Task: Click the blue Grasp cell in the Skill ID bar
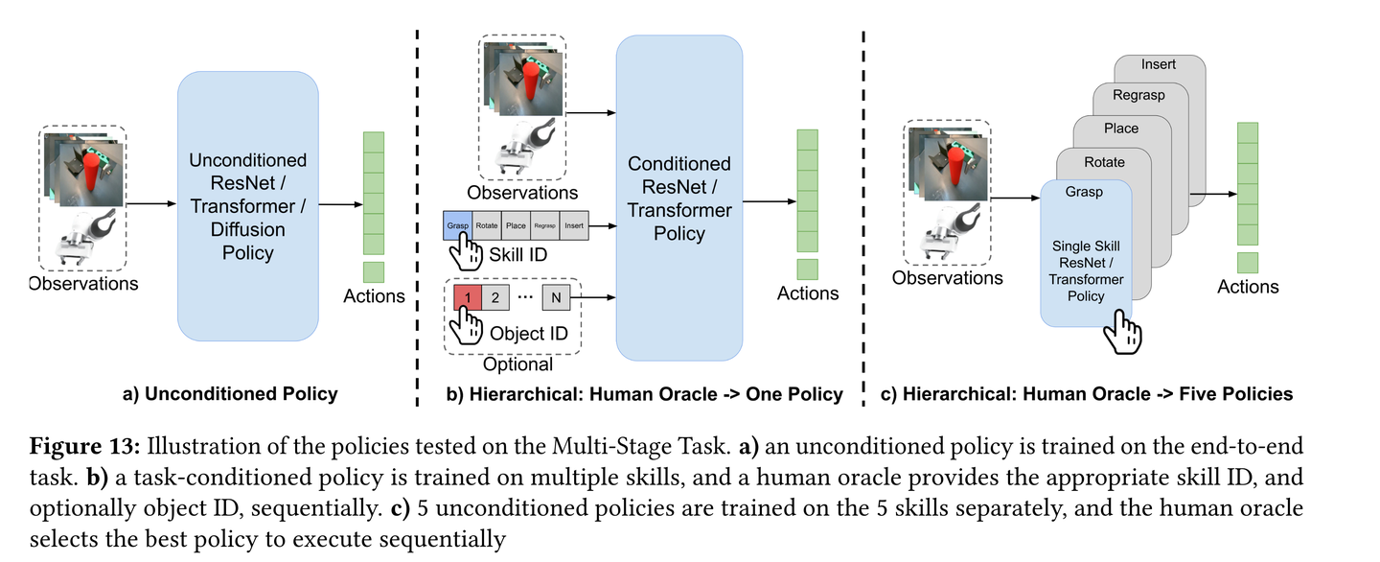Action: (457, 226)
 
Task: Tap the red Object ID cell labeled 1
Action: (468, 297)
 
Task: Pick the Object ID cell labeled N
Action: (556, 297)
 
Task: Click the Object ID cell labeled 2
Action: (495, 297)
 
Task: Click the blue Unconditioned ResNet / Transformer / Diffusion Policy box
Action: (247, 206)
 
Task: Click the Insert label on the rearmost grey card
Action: (1159, 64)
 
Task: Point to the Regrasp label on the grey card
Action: (1138, 95)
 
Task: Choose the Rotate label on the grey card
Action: (1104, 162)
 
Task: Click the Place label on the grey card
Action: (1121, 129)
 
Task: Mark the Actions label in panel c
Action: (1248, 287)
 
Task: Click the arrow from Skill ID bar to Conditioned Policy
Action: (601, 226)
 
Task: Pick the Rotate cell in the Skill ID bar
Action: (487, 226)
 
